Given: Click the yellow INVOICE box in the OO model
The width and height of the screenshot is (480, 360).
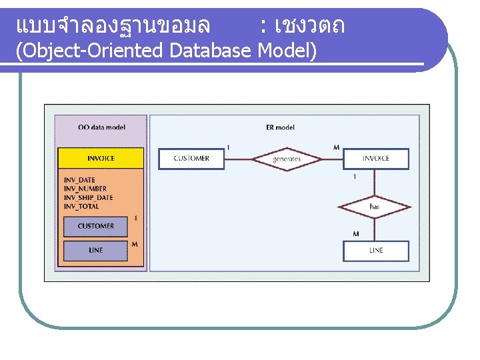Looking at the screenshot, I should click(x=101, y=158).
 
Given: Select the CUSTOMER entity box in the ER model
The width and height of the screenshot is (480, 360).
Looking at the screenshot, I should click(x=191, y=159).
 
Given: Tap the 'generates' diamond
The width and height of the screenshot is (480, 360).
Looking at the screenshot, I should click(x=287, y=159).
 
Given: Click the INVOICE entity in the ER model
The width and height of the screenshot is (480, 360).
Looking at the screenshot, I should click(x=376, y=159).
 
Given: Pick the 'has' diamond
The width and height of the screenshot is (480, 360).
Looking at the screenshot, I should click(x=375, y=207).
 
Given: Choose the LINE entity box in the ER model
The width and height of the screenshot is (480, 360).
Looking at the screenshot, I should click(x=376, y=251).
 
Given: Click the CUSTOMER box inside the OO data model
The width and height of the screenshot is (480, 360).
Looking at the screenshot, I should click(x=95, y=226).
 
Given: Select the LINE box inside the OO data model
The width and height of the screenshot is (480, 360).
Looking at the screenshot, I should click(x=95, y=251).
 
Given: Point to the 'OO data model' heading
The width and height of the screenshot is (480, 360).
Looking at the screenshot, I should click(x=101, y=127).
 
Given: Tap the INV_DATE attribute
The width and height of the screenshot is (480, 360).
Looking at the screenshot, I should click(x=79, y=180).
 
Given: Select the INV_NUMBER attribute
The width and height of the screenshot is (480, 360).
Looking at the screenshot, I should click(x=85, y=189).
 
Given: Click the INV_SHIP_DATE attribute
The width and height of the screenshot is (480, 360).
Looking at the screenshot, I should click(x=88, y=197).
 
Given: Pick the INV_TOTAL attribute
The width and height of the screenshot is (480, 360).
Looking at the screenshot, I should click(x=81, y=207).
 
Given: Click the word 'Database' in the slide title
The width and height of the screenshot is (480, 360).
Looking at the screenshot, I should click(x=211, y=51).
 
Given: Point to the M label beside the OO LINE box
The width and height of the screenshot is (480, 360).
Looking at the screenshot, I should click(x=135, y=245).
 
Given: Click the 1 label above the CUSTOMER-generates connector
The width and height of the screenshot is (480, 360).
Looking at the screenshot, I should click(x=229, y=147).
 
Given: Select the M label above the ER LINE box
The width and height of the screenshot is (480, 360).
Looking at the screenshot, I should click(x=355, y=234).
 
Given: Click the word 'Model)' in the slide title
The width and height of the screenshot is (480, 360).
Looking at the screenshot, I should click(x=287, y=51).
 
